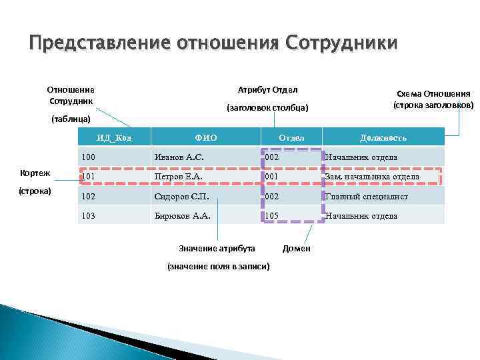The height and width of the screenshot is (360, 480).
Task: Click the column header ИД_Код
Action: tap(113, 138)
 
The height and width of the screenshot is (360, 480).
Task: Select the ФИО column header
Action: tap(205, 138)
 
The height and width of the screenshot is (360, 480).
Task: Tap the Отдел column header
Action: tap(291, 138)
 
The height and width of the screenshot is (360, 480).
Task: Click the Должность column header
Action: tap(383, 138)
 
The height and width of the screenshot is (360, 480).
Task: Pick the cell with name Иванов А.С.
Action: tap(179, 157)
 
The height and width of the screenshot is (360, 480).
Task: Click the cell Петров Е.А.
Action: tap(178, 177)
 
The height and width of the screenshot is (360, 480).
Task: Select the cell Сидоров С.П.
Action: tap(182, 197)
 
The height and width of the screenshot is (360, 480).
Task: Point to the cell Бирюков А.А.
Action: tap(182, 216)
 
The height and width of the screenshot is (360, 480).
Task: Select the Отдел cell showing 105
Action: tap(272, 216)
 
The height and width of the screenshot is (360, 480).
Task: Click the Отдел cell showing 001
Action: tap(272, 177)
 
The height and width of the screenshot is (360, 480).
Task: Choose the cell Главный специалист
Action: tap(366, 197)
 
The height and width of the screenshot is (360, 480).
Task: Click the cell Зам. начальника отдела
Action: tap(372, 177)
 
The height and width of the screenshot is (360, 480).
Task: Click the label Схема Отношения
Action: tap(433, 94)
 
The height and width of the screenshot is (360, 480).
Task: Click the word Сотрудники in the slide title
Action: tap(341, 43)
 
